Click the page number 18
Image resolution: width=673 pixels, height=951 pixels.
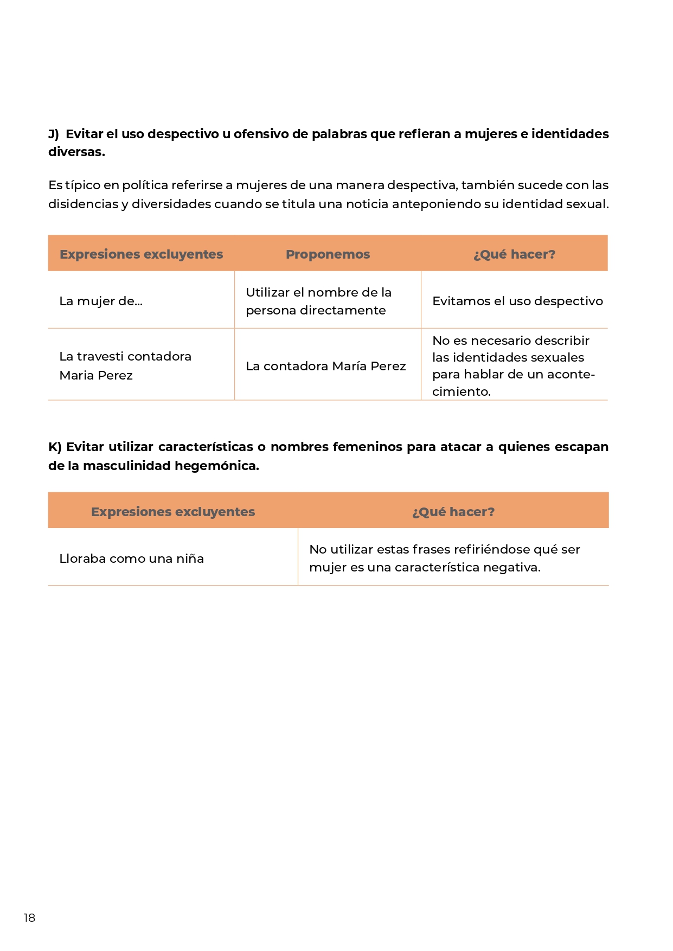pos(29,917)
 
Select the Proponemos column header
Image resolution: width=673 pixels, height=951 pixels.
pos(328,254)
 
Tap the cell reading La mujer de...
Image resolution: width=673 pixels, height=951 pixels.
pos(101,301)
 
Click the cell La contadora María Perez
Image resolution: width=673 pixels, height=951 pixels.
pos(325,367)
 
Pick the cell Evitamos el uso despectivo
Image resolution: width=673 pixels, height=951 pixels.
pos(517,301)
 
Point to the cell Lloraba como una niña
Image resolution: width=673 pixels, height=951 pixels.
pos(131,559)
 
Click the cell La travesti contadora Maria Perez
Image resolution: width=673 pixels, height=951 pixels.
pos(125,365)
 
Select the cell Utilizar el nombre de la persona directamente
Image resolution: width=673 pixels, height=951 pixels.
pos(318,301)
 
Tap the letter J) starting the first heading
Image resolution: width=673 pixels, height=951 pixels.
pos(53,134)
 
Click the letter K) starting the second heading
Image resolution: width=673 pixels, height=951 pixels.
pos(55,447)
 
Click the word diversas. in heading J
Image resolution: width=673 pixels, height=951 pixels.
pos(76,152)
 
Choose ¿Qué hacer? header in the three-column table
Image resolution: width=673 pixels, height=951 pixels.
pos(514,254)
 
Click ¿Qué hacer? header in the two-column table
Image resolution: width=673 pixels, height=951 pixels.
pos(453,512)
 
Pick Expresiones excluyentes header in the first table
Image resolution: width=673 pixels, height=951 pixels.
pos(141,254)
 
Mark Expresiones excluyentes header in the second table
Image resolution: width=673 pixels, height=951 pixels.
pos(173,512)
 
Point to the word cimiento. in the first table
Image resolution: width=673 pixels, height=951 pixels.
pos(461,391)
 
